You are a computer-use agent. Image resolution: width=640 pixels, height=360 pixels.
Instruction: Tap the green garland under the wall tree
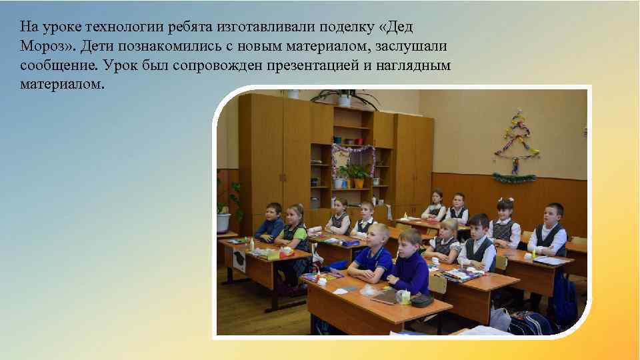point(514,177)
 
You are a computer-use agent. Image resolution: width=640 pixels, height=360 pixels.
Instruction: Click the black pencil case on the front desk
point(421,301)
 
